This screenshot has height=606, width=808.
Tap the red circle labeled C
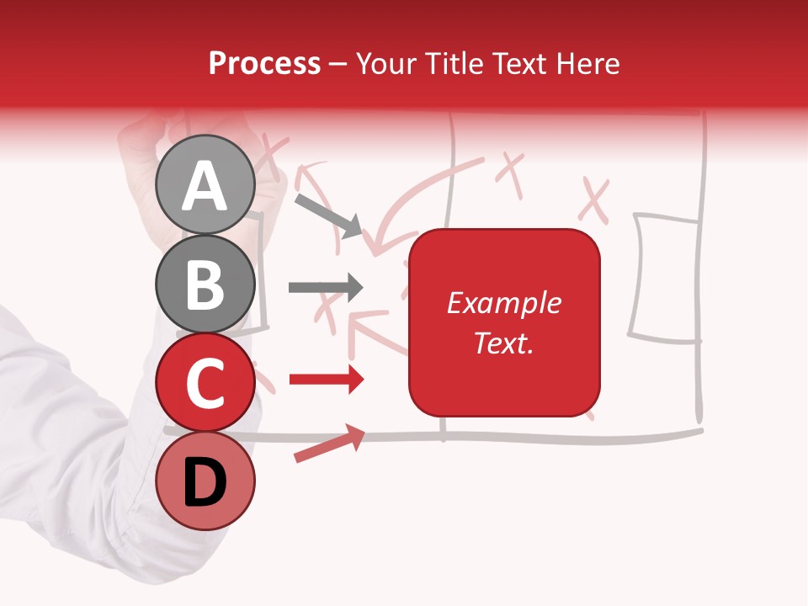[x=205, y=382]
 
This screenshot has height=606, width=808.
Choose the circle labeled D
[x=205, y=481]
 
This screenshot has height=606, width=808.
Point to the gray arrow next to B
[x=326, y=288]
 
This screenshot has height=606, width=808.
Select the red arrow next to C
[x=327, y=380]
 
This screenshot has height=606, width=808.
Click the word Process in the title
[x=264, y=64]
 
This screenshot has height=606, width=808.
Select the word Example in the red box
[x=503, y=303]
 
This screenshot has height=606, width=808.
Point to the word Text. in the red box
[x=503, y=343]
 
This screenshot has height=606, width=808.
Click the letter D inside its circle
[x=205, y=482]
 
